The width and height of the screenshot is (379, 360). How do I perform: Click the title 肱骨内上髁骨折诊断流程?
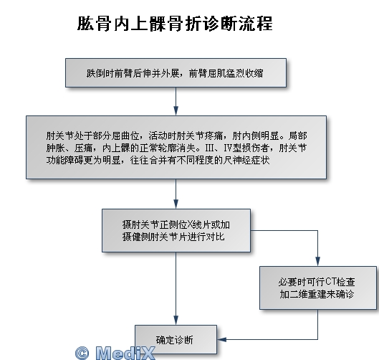click(x=175, y=24)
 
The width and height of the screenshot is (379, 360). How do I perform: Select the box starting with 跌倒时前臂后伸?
click(x=176, y=72)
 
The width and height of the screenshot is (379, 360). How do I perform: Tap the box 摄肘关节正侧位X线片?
click(x=176, y=231)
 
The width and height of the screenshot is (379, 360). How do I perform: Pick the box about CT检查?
click(x=318, y=288)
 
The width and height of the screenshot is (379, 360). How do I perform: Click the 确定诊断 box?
click(x=176, y=339)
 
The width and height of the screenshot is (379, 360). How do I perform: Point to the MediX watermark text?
click(x=125, y=353)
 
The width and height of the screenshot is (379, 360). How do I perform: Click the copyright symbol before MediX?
click(x=82, y=354)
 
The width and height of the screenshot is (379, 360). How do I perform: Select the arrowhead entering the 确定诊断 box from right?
click(x=221, y=339)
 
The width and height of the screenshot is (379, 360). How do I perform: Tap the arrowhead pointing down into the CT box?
click(x=317, y=262)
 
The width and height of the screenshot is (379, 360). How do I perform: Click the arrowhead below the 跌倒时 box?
click(x=176, y=111)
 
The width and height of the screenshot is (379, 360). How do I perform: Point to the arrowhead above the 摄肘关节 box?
click(x=176, y=204)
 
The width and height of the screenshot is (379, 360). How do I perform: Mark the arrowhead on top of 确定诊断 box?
click(x=176, y=320)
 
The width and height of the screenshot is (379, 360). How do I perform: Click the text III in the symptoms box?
click(x=210, y=148)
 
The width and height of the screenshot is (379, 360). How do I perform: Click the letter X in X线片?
click(x=190, y=224)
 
